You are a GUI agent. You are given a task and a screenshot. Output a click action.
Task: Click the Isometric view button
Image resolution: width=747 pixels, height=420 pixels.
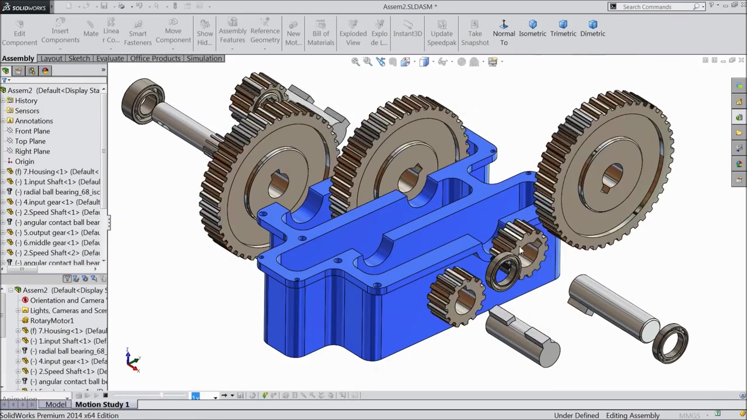tap(532, 29)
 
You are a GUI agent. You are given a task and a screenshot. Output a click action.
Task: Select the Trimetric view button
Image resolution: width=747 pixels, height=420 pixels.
tap(563, 29)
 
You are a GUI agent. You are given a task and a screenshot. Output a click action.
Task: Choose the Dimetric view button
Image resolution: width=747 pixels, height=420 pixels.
tap(592, 29)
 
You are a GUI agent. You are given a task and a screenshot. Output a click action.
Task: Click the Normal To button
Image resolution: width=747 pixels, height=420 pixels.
tap(504, 33)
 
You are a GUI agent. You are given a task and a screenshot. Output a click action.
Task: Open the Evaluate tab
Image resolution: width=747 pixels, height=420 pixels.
tap(110, 58)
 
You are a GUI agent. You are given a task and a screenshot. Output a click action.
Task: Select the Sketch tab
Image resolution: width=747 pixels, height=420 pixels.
tap(79, 58)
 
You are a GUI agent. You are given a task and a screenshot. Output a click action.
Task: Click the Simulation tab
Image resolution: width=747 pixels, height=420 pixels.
tap(204, 58)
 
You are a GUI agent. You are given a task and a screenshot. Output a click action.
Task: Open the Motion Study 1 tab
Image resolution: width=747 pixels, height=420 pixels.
tap(102, 404)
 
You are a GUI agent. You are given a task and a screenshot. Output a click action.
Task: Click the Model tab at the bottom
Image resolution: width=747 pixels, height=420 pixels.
tap(55, 404)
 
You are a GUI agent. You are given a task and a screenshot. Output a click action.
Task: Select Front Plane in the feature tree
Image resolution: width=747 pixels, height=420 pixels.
tap(32, 131)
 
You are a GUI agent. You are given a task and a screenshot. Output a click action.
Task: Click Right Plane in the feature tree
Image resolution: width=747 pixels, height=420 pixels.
tap(32, 151)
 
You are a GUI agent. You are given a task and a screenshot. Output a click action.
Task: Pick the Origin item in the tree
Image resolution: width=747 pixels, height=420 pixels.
tap(25, 162)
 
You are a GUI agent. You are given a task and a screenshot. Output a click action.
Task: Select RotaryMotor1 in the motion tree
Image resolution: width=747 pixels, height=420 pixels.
tap(51, 321)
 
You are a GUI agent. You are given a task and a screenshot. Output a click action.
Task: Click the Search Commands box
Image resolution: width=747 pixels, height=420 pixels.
tap(657, 6)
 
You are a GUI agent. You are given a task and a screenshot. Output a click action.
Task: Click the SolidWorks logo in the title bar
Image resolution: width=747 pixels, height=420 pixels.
tap(26, 6)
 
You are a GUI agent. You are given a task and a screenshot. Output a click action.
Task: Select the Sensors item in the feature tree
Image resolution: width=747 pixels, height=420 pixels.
tap(27, 111)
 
